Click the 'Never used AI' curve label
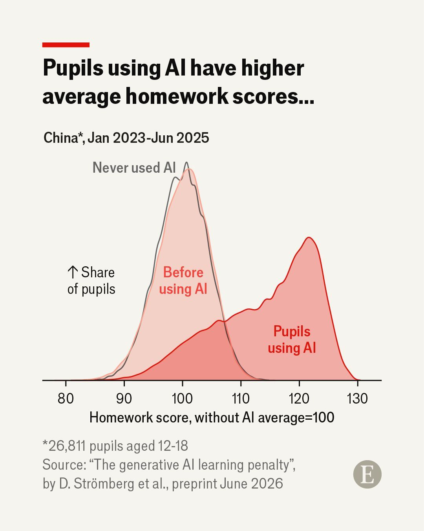[134, 168]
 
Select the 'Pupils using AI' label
[292, 339]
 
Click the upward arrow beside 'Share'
[73, 272]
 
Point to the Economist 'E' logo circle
[367, 474]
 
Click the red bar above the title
[66, 45]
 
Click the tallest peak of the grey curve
[186, 162]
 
